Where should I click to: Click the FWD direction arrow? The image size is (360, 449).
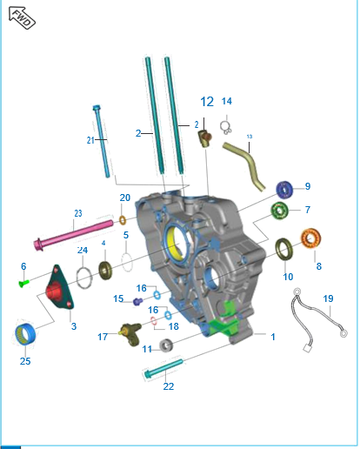coord(22,18)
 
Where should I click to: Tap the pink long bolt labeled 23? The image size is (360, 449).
coord(74,235)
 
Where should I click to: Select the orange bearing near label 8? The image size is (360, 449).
coord(310,238)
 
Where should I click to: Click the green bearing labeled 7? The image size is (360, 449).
coord(279,211)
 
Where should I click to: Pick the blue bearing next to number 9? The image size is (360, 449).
coord(284,190)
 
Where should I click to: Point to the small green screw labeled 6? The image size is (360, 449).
coord(23,283)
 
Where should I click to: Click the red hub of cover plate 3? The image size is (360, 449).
coord(55,292)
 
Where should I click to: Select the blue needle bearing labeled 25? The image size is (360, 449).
coord(25,334)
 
